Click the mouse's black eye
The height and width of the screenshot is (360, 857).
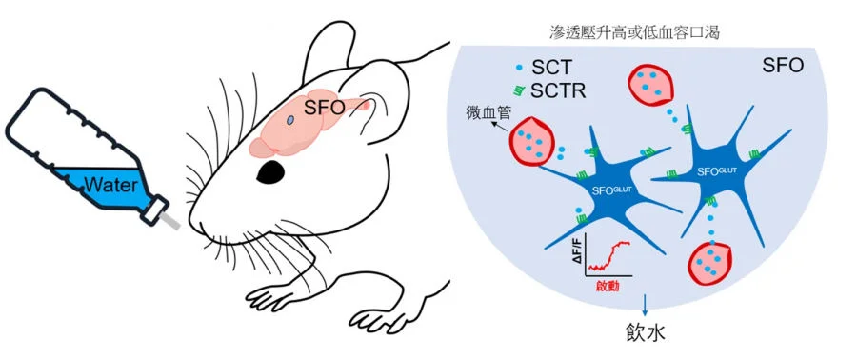tap(271, 171)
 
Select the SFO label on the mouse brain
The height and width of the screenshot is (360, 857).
tap(324, 108)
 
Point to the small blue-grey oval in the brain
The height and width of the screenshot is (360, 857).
tap(289, 120)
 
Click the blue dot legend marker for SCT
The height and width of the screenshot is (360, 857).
tap(517, 69)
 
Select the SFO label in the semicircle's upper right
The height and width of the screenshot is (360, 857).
tap(784, 68)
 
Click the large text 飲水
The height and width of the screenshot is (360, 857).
tap(647, 335)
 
